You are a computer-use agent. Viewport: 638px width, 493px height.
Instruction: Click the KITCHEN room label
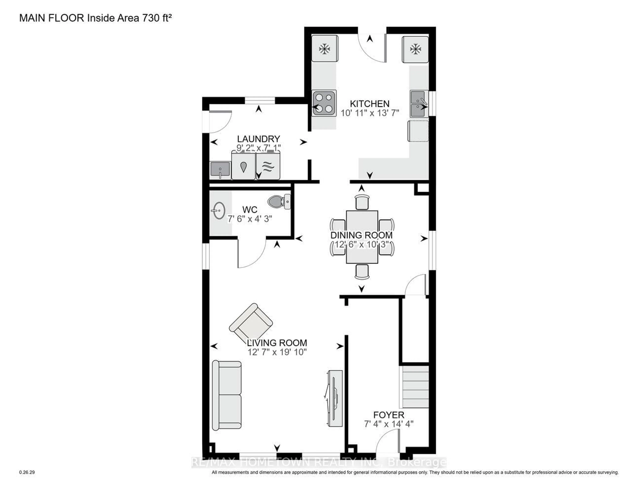point(370,104)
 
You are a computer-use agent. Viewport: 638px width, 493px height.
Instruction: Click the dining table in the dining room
point(362,237)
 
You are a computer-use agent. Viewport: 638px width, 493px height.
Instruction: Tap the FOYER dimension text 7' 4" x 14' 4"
point(388,424)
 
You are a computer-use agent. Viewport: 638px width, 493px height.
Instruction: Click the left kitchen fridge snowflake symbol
point(324,49)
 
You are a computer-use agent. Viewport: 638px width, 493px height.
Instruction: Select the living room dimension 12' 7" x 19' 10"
point(277,352)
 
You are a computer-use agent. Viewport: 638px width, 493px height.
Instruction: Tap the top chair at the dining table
point(362,202)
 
